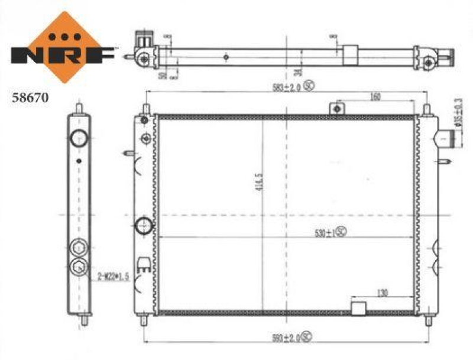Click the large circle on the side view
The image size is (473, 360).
[79, 139]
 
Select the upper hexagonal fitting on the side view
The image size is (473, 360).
[79, 248]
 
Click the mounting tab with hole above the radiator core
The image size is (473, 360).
[337, 109]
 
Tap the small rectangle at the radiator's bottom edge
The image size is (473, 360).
[359, 308]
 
